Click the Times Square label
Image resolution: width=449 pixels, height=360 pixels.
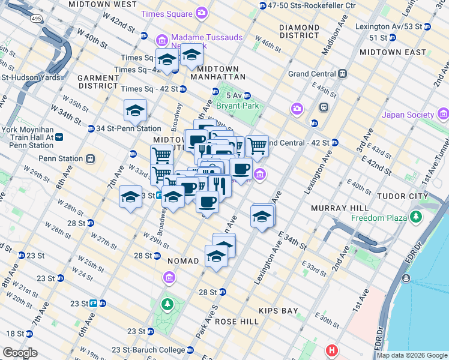point(167,13)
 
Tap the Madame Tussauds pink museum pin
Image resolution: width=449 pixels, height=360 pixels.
point(161,40)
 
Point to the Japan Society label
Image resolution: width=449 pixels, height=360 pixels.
point(409,115)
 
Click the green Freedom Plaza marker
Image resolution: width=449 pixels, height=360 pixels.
point(415,217)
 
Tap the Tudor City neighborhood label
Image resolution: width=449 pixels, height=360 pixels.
point(401,196)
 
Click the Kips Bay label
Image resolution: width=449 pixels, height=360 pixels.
point(278,311)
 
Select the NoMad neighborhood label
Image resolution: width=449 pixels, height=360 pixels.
point(182,261)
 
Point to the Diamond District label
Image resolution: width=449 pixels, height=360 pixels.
point(299,31)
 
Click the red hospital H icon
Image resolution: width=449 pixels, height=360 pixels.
point(331,350)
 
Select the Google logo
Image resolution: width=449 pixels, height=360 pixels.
point(20,353)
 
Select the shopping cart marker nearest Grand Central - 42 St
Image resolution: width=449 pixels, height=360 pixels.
point(257,145)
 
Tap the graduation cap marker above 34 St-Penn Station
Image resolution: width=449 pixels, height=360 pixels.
point(136,110)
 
